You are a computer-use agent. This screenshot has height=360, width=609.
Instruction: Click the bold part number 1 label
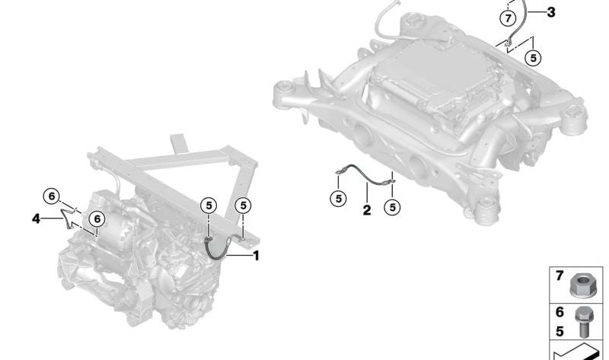click(256, 256)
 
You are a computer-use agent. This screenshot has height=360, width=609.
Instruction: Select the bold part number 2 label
click(367, 210)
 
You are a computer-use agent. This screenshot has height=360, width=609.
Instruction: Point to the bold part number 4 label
click(36, 218)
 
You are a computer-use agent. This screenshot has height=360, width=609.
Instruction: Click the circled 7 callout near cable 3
click(507, 17)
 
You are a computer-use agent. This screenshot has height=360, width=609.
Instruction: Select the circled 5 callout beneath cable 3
click(533, 57)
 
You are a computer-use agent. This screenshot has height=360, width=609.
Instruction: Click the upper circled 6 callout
click(51, 196)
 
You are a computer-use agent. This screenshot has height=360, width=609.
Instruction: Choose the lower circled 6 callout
click(96, 218)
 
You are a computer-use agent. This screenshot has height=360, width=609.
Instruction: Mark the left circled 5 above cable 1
click(209, 205)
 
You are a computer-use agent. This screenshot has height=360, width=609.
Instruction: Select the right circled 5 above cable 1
click(243, 205)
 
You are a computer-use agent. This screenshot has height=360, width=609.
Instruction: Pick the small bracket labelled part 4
click(69, 220)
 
